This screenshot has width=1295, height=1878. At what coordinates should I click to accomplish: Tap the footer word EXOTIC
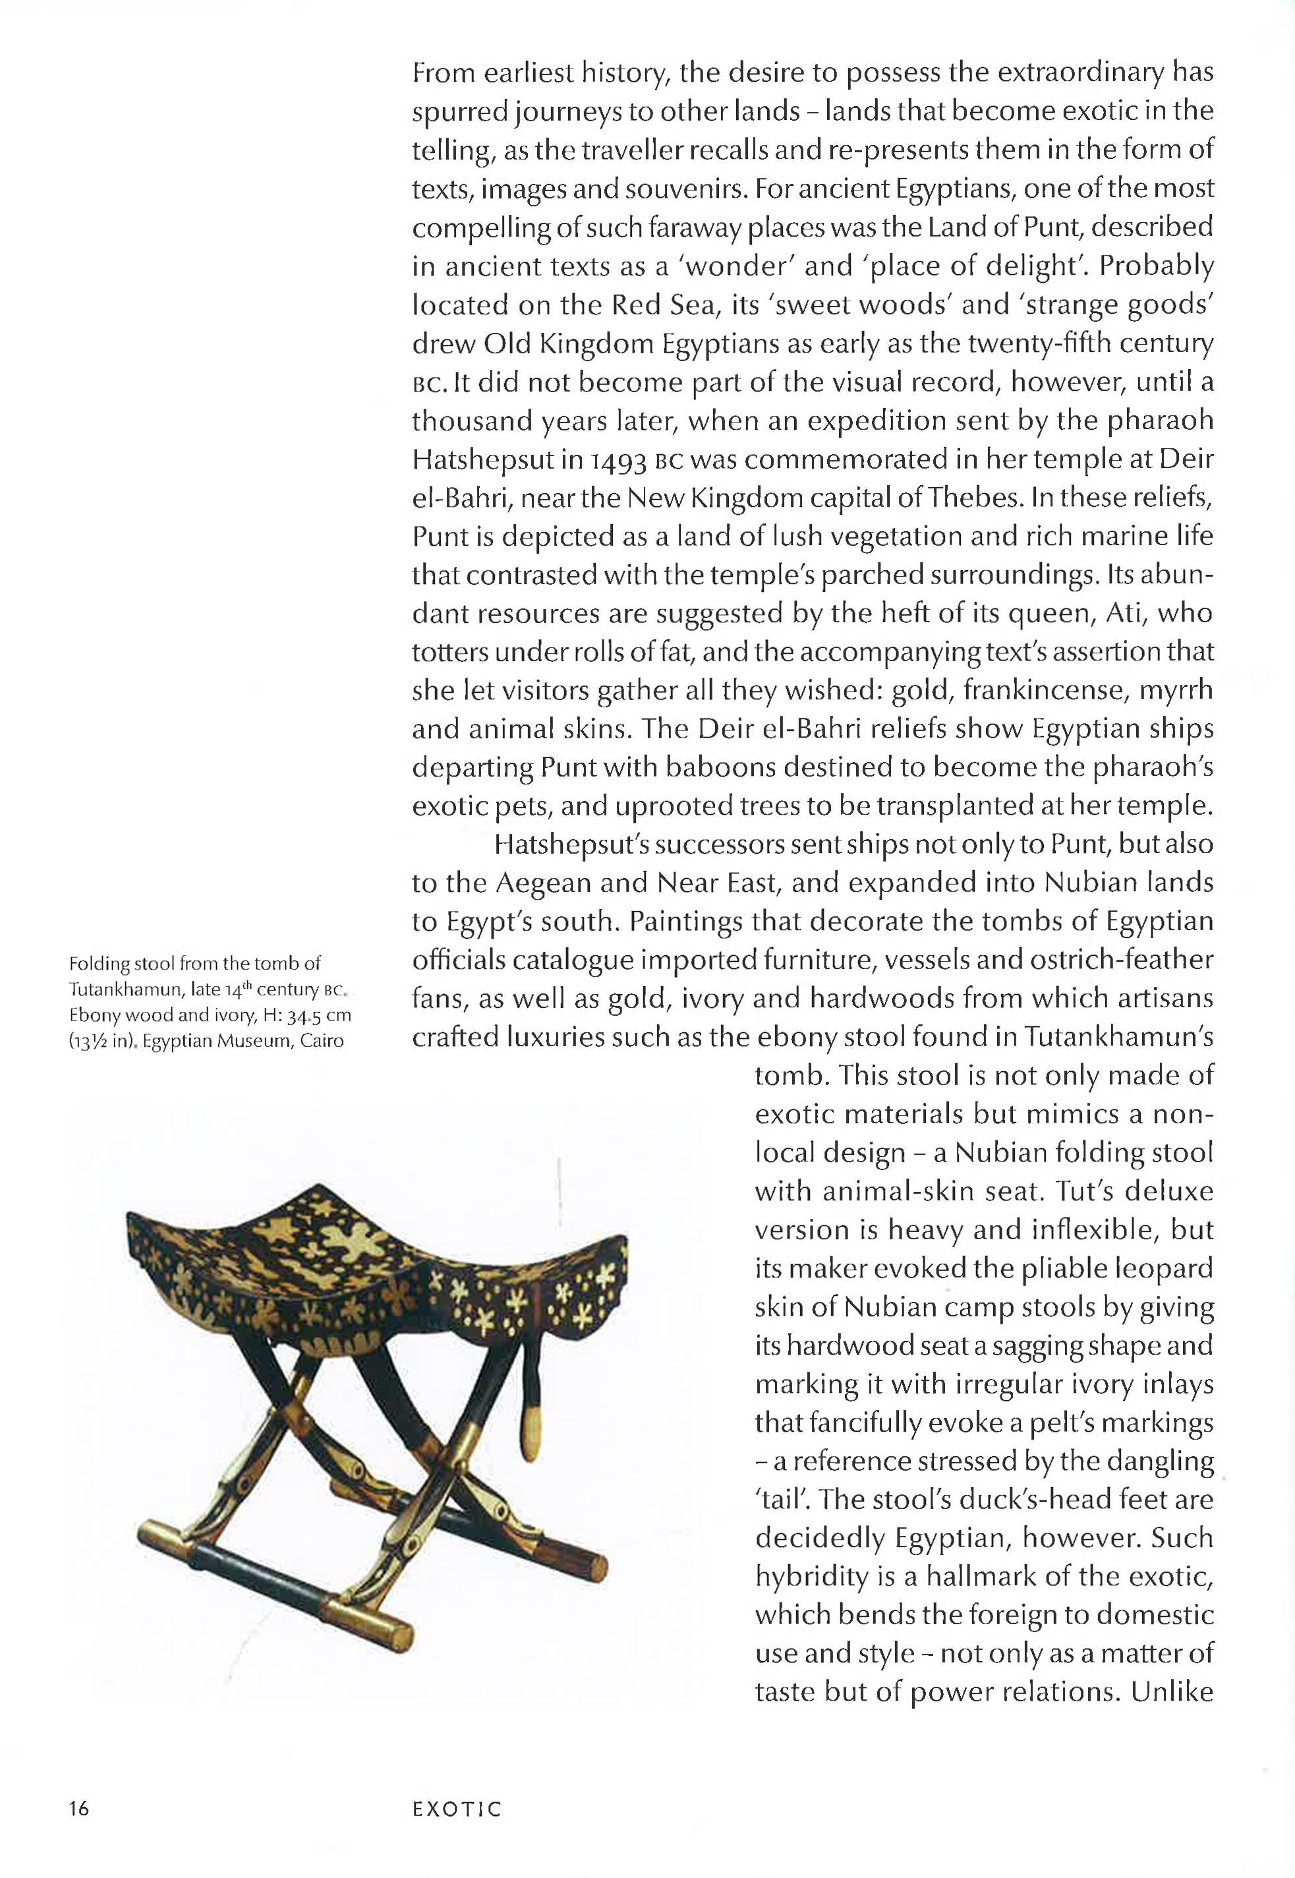pyautogui.click(x=457, y=1810)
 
